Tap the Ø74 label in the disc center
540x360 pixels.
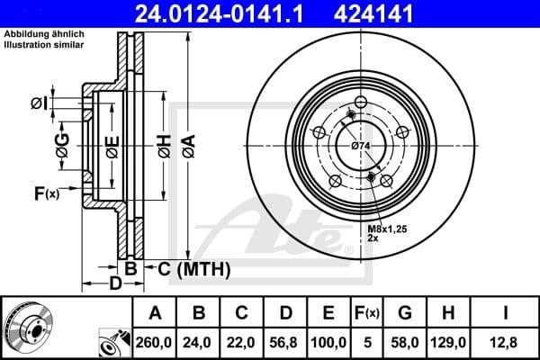(361, 146)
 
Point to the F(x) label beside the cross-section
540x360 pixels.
(46, 193)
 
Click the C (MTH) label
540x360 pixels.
(193, 268)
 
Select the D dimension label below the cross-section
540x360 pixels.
(114, 284)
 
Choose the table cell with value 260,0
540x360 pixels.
(156, 342)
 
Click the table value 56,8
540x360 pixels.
(285, 342)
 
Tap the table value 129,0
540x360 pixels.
(447, 342)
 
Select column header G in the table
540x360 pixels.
(404, 312)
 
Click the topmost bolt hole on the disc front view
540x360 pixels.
(360, 102)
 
